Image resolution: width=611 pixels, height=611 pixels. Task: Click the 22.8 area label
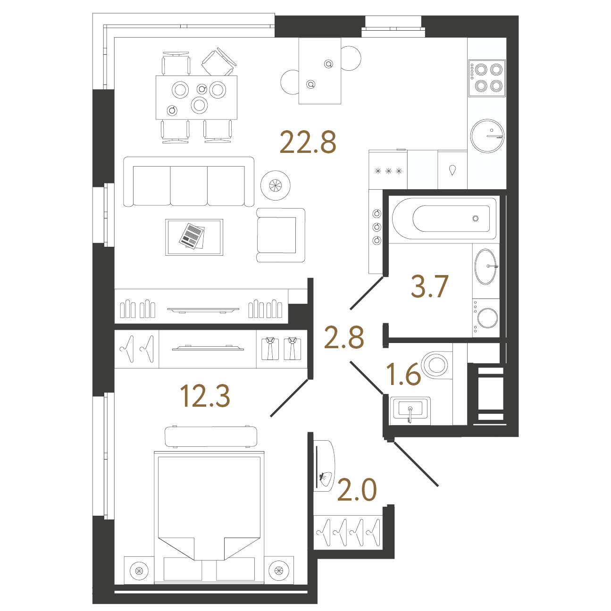(308, 142)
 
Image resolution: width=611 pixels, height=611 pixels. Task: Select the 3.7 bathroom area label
(430, 286)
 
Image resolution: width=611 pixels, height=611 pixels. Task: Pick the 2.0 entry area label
(357, 490)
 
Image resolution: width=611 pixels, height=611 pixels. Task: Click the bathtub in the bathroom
(444, 219)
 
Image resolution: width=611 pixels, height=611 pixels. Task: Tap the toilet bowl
(436, 365)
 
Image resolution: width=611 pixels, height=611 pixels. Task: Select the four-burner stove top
(487, 78)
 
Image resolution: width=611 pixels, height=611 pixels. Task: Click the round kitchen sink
(487, 136)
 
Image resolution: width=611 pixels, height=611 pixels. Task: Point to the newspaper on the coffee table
(192, 236)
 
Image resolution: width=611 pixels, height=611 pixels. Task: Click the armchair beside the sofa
(281, 235)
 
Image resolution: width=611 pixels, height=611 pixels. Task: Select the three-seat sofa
(189, 182)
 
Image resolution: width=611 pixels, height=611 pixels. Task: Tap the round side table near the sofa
(275, 185)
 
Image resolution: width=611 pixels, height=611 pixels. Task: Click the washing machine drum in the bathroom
(487, 318)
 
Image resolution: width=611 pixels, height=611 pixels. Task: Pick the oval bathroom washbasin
(485, 267)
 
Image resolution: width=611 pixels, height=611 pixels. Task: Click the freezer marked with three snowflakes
(388, 170)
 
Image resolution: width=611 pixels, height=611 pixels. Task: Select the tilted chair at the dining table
(219, 62)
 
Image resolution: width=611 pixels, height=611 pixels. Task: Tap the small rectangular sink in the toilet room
(410, 410)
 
